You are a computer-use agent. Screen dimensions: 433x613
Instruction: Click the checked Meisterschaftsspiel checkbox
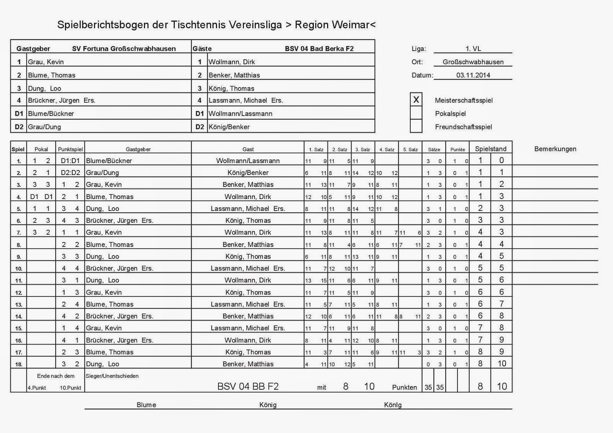(416, 100)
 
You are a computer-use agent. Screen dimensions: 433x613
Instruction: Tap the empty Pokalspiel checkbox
(416, 113)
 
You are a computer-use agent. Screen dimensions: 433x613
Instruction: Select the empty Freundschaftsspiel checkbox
(416, 126)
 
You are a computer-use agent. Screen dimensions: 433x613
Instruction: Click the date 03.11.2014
(473, 75)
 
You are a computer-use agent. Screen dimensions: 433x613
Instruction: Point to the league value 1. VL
(473, 49)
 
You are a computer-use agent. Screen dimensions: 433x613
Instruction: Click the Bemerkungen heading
(555, 149)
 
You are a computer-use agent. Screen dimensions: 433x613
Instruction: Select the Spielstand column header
(490, 149)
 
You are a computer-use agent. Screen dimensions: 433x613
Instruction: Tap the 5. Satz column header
(410, 149)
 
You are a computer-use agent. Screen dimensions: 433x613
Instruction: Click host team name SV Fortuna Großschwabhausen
(124, 49)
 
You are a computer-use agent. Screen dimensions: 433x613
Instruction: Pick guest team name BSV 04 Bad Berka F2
(319, 49)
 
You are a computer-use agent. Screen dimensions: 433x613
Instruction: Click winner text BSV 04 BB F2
(248, 386)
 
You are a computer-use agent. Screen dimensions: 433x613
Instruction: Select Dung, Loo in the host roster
(44, 88)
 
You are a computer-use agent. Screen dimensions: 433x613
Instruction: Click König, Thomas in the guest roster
(231, 88)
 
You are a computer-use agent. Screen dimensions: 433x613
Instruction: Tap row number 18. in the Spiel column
(18, 364)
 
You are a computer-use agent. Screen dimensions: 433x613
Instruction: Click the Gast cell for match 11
(247, 280)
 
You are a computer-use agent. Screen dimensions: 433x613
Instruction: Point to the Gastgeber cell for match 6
(120, 221)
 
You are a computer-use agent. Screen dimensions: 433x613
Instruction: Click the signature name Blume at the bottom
(146, 405)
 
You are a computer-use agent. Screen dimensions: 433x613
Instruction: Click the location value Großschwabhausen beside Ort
(473, 62)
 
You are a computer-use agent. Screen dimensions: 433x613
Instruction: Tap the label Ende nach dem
(56, 376)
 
